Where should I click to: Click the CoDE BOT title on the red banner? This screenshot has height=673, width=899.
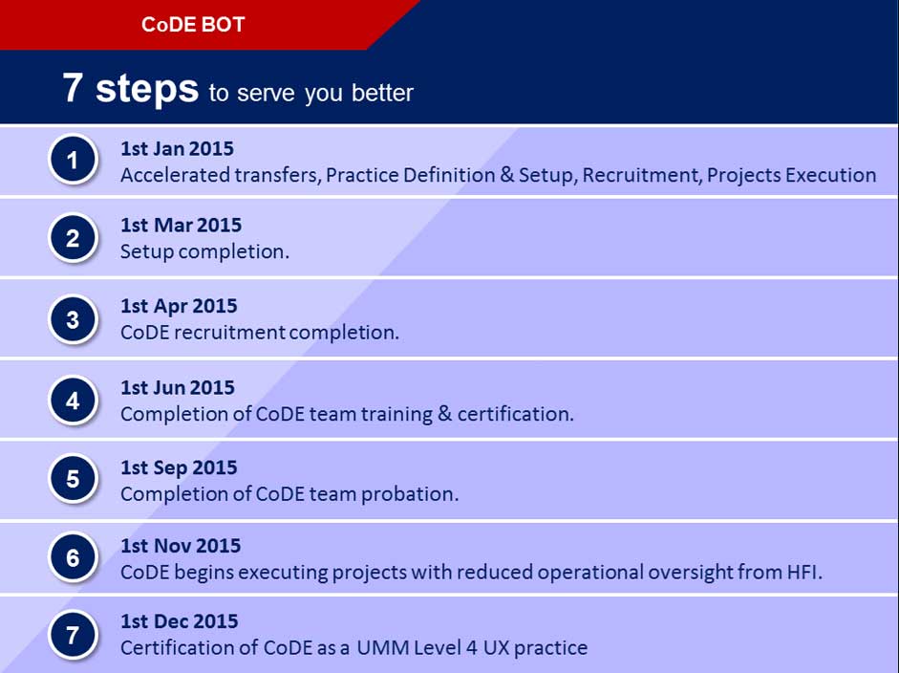[x=193, y=25]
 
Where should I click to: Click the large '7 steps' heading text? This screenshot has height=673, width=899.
[x=130, y=88]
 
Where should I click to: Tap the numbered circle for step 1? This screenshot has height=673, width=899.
[x=74, y=161]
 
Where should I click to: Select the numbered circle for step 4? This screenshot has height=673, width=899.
[x=74, y=400]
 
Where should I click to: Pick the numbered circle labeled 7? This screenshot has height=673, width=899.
[x=74, y=636]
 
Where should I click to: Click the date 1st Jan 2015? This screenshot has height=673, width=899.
[x=177, y=148]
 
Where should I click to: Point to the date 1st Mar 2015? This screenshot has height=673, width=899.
[x=181, y=226]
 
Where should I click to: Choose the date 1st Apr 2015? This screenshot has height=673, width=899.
[x=179, y=306]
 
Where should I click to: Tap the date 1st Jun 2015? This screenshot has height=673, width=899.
[x=178, y=387]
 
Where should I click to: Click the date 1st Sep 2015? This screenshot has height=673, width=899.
[x=179, y=467]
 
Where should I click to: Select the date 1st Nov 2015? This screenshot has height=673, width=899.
[x=181, y=546]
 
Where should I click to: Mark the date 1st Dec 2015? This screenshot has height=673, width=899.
[x=180, y=621]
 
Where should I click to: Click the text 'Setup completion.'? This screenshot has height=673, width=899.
[x=204, y=251]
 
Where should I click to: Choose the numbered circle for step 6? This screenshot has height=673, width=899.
[x=74, y=557]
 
